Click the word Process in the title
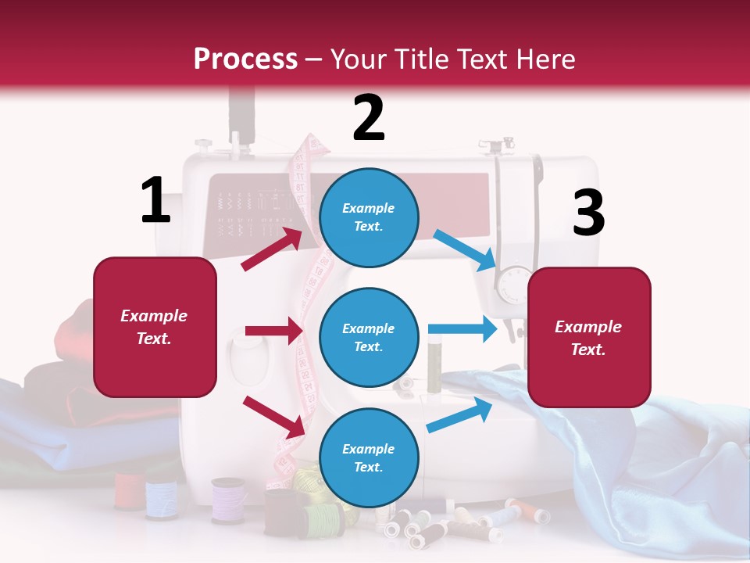245,59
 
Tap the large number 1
155,200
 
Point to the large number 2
369,118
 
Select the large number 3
588,213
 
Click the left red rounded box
155,327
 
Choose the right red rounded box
589,337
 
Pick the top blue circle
369,217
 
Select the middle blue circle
369,337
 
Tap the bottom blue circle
369,457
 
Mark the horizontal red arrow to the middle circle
273,332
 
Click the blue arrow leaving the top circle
464,250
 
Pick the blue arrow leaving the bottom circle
459,415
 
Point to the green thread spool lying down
322,519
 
